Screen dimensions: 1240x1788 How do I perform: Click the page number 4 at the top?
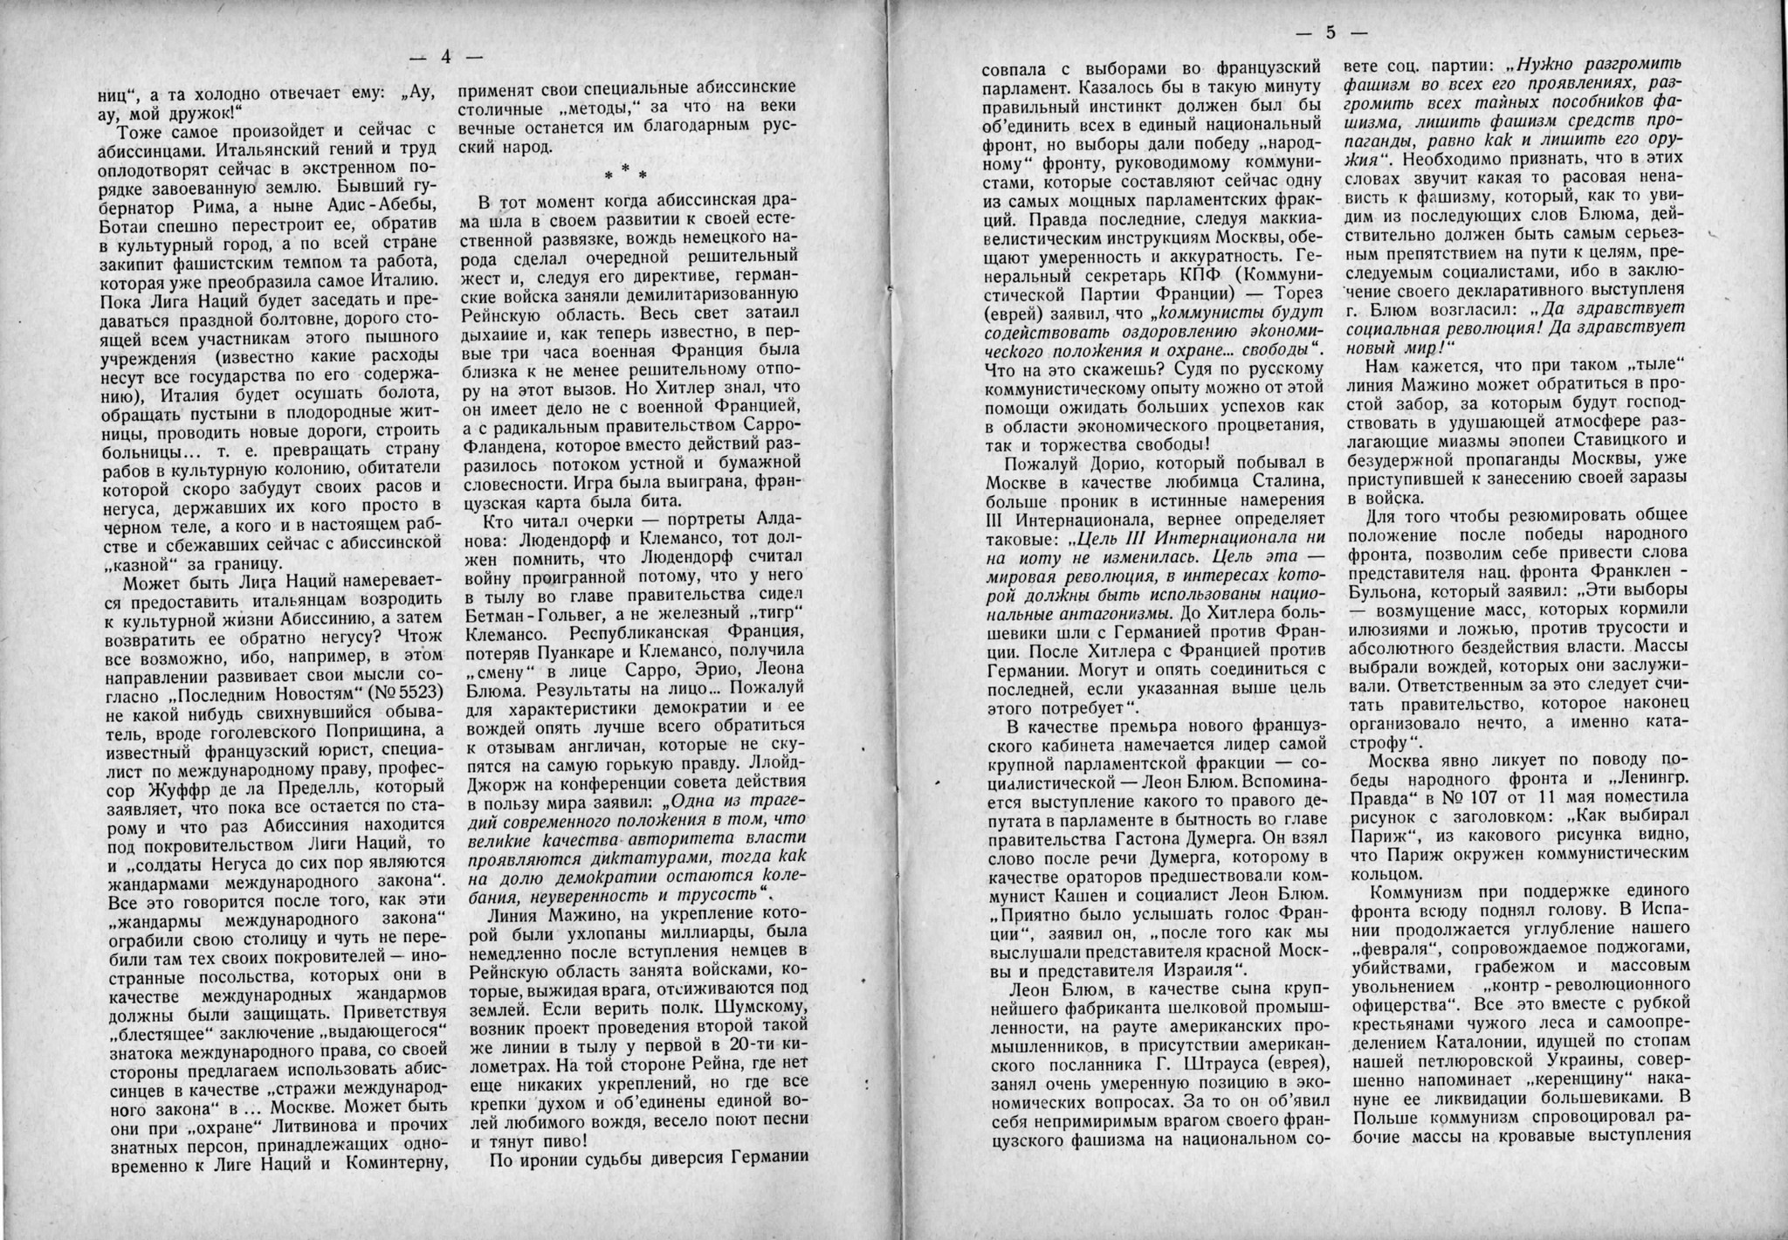tap(445, 58)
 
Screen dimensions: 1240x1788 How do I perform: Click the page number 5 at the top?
tap(1331, 34)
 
